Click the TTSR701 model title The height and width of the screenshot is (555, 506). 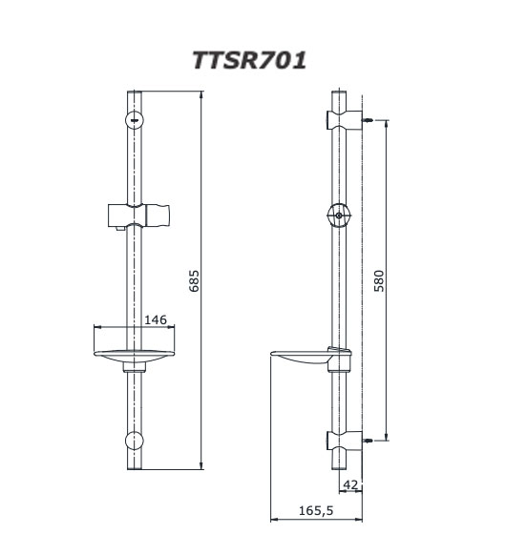[x=249, y=60]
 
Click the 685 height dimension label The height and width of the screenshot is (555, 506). [x=194, y=280]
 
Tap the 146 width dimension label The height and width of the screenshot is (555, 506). [x=156, y=319]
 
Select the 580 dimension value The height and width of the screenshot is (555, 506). [x=379, y=280]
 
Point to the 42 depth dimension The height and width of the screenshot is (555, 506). [x=350, y=484]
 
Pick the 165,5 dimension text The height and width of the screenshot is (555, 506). [x=316, y=511]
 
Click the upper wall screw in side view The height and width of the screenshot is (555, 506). [x=368, y=120]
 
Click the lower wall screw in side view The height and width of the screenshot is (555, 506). [x=368, y=441]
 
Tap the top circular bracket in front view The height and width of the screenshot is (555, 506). [x=135, y=120]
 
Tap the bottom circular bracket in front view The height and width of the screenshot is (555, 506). [x=135, y=441]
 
